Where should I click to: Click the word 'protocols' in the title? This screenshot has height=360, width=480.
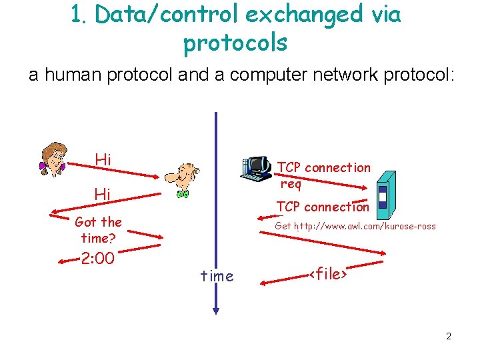(235, 43)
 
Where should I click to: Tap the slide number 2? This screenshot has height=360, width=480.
(449, 336)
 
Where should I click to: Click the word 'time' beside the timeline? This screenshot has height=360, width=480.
(217, 276)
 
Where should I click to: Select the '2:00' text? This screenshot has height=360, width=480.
(97, 258)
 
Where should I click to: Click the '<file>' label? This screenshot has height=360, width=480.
(329, 273)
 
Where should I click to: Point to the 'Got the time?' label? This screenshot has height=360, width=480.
(99, 229)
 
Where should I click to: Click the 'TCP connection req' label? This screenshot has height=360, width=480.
(323, 175)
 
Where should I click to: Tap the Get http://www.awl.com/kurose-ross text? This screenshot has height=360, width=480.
(355, 226)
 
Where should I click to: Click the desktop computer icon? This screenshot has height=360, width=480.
(256, 169)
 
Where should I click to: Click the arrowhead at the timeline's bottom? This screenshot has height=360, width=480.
(216, 309)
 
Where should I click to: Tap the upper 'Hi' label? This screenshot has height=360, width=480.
(103, 159)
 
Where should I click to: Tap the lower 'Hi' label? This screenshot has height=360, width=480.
(103, 194)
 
